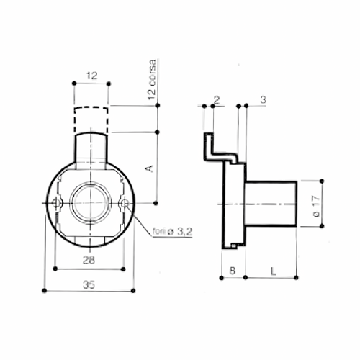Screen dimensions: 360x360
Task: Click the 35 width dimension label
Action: pos(89,285)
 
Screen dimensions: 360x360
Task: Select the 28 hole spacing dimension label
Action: pos(89,260)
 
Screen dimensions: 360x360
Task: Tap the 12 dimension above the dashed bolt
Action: pos(92,76)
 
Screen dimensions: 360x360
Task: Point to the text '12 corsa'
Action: pos(152,79)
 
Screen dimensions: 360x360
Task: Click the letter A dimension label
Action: pos(149,168)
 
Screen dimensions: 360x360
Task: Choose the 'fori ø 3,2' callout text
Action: pos(172,232)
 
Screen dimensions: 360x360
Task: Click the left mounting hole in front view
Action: pos(56,203)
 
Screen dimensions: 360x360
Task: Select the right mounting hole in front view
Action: pos(125,204)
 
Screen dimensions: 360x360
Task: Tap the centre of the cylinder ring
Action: pos(90,203)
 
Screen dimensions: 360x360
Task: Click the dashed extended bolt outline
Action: pos(91,107)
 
